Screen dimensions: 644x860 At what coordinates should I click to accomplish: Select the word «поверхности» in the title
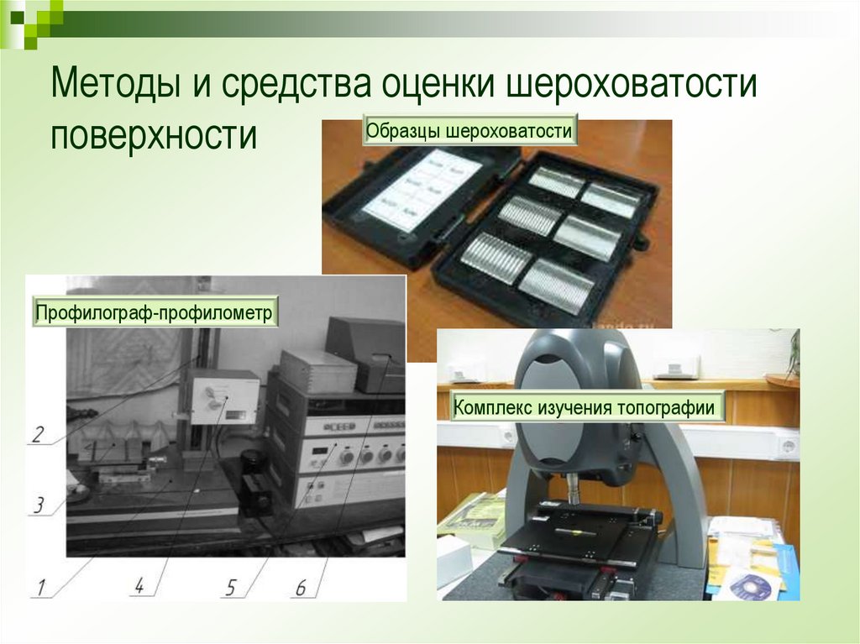(x=153, y=134)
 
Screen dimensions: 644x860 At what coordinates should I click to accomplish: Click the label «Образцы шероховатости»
(x=469, y=132)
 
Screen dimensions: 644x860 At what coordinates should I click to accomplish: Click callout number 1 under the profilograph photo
(x=38, y=585)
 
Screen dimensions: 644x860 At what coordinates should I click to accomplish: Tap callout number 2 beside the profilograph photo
(x=37, y=434)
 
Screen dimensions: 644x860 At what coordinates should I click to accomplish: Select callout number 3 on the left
(x=38, y=505)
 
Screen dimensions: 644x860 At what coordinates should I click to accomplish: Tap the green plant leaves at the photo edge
(x=793, y=353)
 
